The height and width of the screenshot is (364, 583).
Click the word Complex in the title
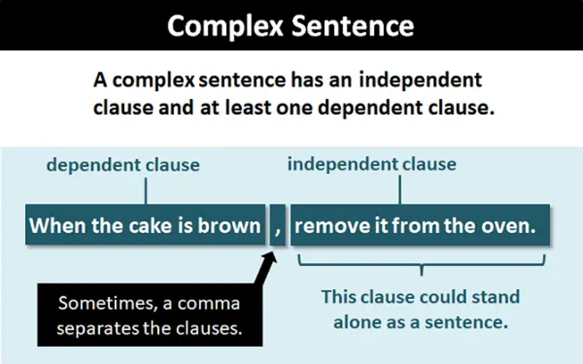(x=223, y=26)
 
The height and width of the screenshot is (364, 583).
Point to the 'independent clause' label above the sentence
(x=372, y=163)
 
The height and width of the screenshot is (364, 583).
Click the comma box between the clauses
(x=278, y=226)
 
